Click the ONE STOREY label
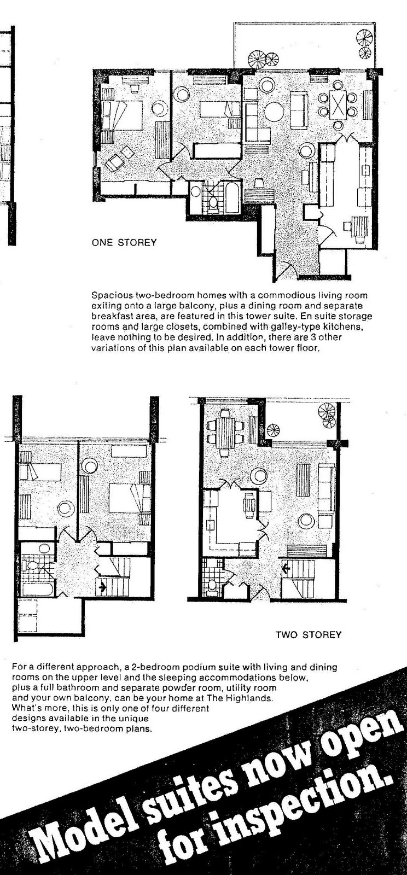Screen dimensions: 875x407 click(124, 242)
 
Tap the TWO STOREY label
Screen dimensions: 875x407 click(308, 634)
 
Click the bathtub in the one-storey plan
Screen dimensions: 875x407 click(232, 198)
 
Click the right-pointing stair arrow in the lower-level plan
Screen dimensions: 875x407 click(102, 589)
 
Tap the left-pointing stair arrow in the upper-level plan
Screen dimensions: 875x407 click(286, 568)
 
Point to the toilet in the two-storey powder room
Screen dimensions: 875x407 click(213, 586)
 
